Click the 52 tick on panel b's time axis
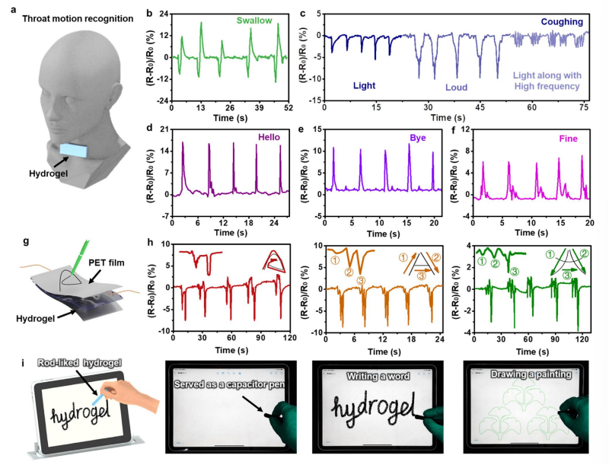(286, 108)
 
